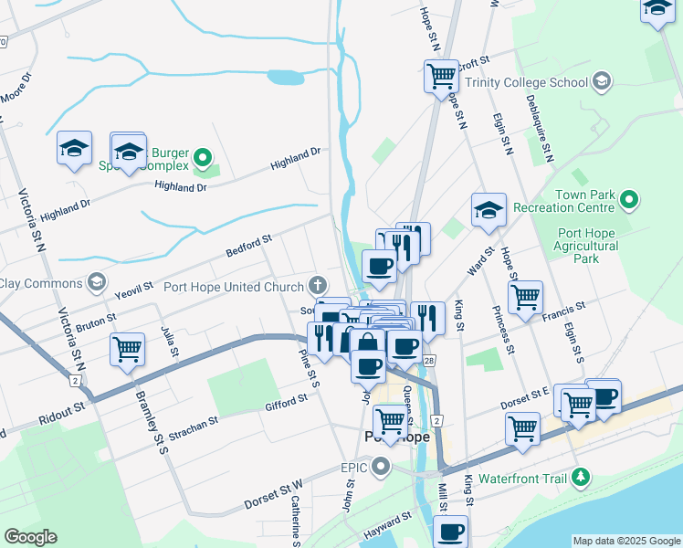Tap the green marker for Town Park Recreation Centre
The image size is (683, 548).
click(629, 198)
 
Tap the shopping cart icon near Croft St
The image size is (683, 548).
click(442, 74)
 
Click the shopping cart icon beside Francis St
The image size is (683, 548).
click(525, 296)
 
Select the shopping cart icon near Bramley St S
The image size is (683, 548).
click(127, 348)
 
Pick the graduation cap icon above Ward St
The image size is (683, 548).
click(489, 209)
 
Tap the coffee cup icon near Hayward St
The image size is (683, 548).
click(451, 531)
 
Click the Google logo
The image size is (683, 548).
click(30, 537)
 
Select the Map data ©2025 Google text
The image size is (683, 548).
click(625, 541)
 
